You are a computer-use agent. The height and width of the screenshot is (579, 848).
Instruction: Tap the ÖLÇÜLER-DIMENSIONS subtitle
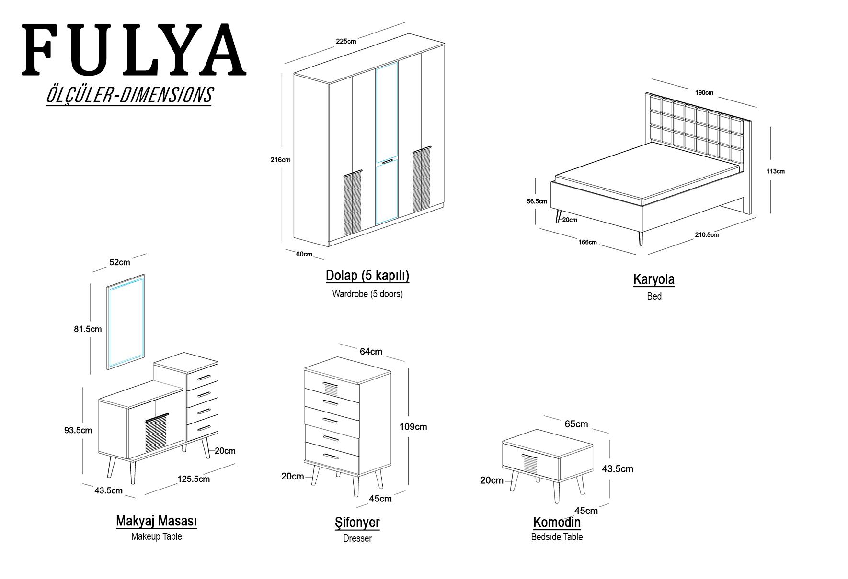coord(129,95)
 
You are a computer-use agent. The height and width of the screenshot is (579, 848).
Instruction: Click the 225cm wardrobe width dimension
coord(346,41)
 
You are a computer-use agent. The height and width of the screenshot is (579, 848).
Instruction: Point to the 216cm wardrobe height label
coord(280,160)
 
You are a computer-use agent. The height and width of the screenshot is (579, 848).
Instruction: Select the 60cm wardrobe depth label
coord(304,254)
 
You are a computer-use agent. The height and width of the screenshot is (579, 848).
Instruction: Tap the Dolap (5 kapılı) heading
coord(367,276)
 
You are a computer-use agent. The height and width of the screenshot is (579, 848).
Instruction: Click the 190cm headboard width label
coord(705,93)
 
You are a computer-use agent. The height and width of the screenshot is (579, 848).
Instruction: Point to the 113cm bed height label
coord(776,171)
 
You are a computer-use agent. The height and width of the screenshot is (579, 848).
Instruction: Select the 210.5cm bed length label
coord(707,235)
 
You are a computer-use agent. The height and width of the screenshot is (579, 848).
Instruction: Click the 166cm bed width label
coord(587,242)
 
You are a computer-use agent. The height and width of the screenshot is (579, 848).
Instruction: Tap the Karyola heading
coord(654,279)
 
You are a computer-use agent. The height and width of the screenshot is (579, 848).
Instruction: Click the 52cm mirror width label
coord(120,262)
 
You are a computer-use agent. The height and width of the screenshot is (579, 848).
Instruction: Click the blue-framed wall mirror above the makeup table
coord(126,322)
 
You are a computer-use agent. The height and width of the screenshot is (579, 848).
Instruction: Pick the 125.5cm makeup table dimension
coord(194,479)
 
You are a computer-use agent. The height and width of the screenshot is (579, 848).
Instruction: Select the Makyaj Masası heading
coord(157,521)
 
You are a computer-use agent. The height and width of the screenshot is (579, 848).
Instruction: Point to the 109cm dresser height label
coord(413,427)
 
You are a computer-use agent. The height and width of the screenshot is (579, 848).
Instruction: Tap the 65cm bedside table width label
coord(576,424)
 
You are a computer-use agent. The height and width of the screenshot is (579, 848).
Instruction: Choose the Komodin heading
coord(557,522)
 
